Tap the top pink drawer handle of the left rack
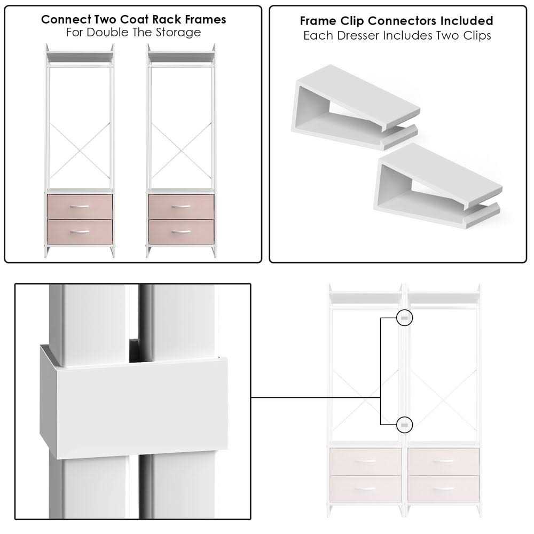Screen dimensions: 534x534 [x=80, y=206]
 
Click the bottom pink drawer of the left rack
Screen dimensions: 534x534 [x=80, y=232]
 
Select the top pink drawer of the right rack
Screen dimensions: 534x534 [x=181, y=207]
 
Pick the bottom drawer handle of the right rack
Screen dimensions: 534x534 [x=181, y=231]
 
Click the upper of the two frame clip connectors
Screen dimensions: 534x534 [x=356, y=107]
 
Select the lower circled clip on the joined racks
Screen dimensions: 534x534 [x=405, y=425]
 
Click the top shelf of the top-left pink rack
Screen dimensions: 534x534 [x=80, y=56]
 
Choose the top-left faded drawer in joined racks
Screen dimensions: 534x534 [x=365, y=461]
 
